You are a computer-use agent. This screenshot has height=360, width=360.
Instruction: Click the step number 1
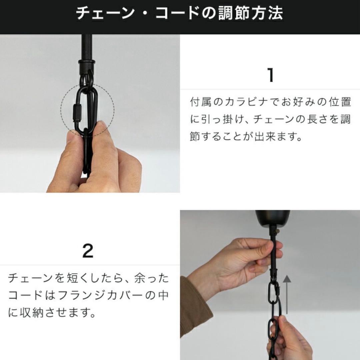271,75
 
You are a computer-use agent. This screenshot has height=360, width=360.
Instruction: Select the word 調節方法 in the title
250,13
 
